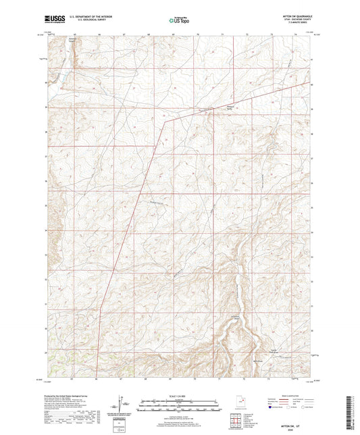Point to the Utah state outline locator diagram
241,406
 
